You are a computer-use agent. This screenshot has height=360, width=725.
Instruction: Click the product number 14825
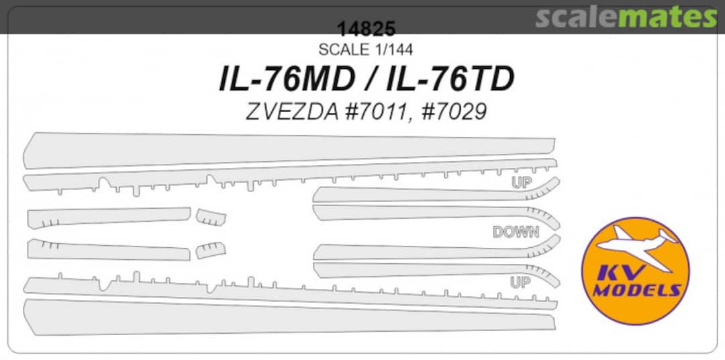pyautogui.click(x=367, y=30)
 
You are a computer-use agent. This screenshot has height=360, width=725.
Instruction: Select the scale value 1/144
pyautogui.click(x=391, y=50)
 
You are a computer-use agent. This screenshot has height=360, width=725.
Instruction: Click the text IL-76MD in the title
pyautogui.click(x=287, y=80)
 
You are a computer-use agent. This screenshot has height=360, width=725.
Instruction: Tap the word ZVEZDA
pyautogui.click(x=286, y=111)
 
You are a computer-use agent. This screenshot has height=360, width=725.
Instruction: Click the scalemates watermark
pyautogui.click(x=626, y=17)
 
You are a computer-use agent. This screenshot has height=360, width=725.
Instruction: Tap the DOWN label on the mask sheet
pyautogui.click(x=516, y=232)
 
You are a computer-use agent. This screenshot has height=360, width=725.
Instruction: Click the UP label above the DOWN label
pyautogui.click(x=521, y=183)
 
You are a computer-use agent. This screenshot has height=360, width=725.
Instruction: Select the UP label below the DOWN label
pyautogui.click(x=520, y=283)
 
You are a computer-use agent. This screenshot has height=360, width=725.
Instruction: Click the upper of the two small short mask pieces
pyautogui.click(x=211, y=218)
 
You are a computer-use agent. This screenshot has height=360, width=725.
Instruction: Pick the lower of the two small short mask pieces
pyautogui.click(x=210, y=250)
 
